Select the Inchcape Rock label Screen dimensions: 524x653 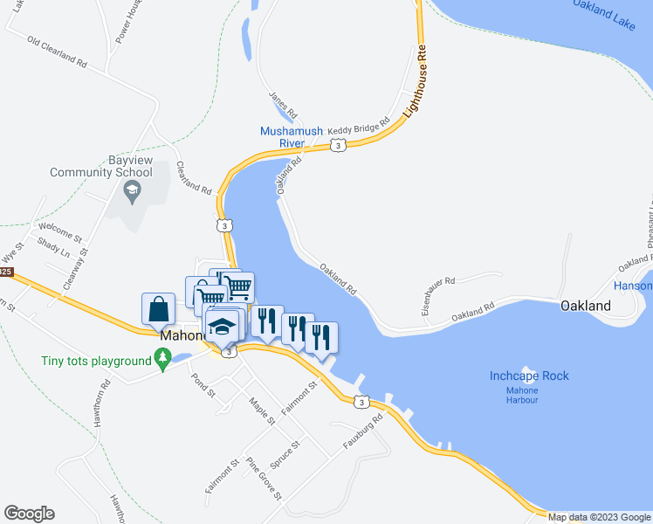(528, 376)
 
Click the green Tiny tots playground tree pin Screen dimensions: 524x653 (162, 358)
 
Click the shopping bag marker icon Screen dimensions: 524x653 (158, 309)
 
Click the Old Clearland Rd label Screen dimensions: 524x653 (58, 52)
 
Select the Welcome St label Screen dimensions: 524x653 (59, 236)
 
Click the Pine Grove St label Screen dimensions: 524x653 (264, 479)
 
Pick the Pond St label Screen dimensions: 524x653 (203, 385)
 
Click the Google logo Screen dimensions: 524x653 (29, 514)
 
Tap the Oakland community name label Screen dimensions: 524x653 (585, 307)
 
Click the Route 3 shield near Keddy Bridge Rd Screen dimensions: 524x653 (337, 145)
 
